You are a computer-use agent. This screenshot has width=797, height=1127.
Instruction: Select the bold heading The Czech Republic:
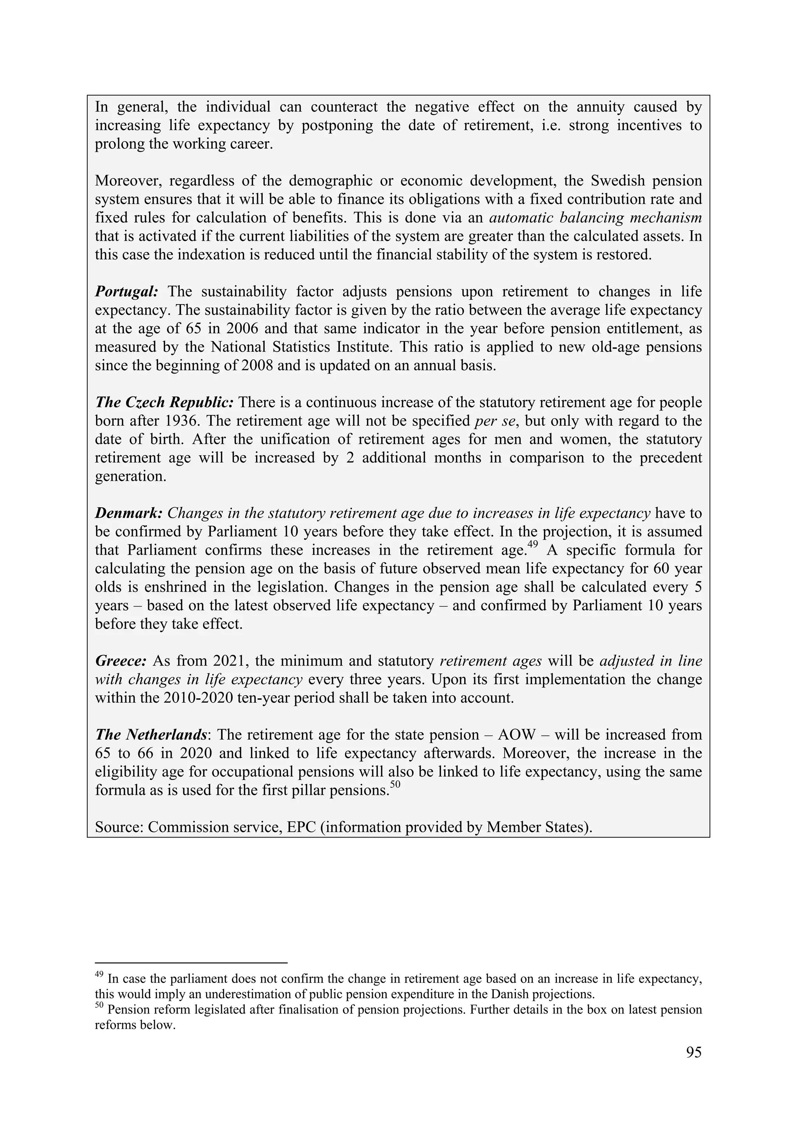point(165,403)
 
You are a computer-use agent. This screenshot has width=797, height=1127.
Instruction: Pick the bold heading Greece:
point(120,661)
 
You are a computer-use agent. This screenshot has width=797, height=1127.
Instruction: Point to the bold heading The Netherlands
point(151,735)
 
